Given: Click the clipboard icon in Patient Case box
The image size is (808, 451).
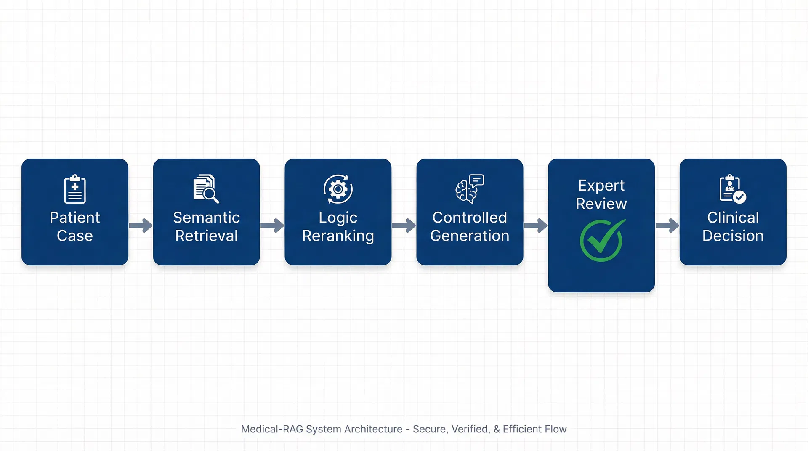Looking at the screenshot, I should [x=75, y=189].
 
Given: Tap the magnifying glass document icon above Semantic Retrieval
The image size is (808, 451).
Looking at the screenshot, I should [x=206, y=188].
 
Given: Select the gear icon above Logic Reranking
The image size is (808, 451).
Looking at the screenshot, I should [x=338, y=189].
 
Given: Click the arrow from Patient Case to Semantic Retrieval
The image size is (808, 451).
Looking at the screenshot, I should [x=141, y=225].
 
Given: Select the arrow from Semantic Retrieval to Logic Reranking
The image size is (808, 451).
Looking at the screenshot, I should [x=272, y=225].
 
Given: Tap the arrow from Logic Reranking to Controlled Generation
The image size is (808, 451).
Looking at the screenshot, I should [x=404, y=225].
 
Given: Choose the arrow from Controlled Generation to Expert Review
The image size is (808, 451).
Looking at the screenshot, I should [x=536, y=225].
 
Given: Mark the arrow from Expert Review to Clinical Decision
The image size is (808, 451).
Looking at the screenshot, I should [x=667, y=225].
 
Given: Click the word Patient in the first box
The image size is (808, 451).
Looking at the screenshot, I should [x=75, y=218].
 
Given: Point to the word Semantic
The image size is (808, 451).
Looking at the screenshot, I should [x=206, y=218].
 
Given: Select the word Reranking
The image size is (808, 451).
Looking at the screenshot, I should [x=338, y=236].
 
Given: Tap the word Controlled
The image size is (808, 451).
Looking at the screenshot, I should [x=470, y=218].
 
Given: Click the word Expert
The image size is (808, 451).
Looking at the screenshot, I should [x=601, y=186].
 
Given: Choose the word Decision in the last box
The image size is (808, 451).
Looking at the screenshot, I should [x=733, y=236].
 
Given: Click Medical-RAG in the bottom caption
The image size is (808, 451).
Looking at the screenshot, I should [x=272, y=429].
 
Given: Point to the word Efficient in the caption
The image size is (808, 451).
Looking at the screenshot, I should [x=522, y=429].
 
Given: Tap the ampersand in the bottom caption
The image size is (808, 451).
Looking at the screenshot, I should [x=497, y=429].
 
